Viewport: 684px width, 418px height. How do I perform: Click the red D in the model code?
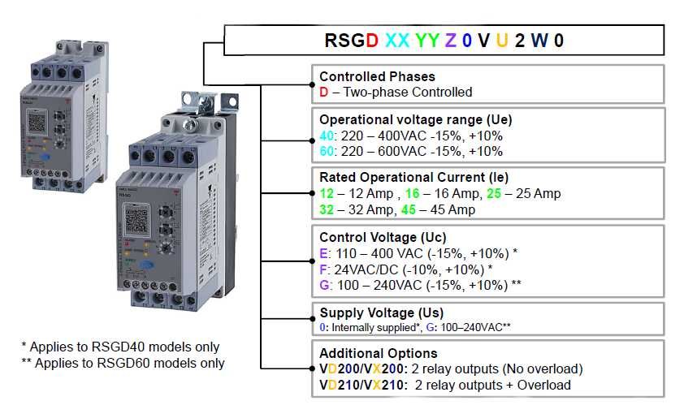click(372, 40)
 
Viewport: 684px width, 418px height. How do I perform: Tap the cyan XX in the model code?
click(398, 40)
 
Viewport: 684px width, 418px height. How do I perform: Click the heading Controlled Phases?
click(377, 77)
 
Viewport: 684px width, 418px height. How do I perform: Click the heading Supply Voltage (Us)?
click(381, 312)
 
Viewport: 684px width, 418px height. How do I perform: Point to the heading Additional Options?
click(379, 353)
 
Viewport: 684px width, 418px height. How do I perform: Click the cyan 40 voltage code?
click(326, 135)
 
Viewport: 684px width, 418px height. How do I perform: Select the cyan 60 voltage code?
click(326, 151)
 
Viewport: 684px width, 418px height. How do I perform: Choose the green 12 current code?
click(327, 193)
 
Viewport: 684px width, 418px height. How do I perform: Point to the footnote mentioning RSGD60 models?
click(123, 363)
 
